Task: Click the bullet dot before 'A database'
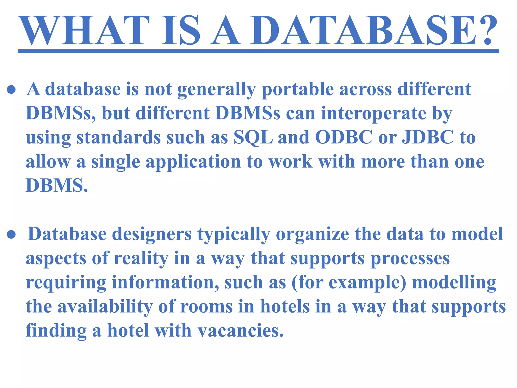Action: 12,90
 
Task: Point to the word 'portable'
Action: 298,90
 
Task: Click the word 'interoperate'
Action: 374,113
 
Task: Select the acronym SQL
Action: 253,138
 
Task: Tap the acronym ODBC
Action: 344,138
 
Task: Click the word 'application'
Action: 193,162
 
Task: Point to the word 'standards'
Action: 119,138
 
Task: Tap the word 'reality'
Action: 141,259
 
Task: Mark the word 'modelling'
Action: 454,283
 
